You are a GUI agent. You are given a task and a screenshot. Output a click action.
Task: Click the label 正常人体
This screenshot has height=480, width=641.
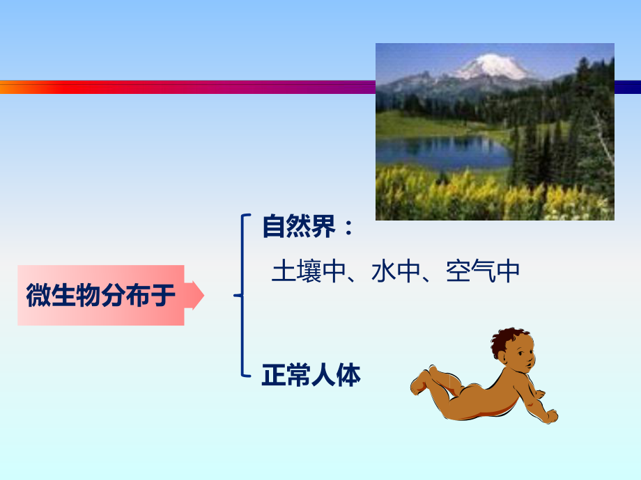coord(311,376)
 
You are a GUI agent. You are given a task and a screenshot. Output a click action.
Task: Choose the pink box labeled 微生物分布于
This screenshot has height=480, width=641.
coord(101,296)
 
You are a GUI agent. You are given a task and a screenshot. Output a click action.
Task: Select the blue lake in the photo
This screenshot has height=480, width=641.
coord(446,152)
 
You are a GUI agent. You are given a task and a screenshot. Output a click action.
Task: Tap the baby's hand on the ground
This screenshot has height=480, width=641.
coord(549,416)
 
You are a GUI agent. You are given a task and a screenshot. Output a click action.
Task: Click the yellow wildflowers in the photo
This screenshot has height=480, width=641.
coord(446,198)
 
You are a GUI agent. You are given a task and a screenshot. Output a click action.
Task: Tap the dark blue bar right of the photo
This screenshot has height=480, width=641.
coord(627,87)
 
